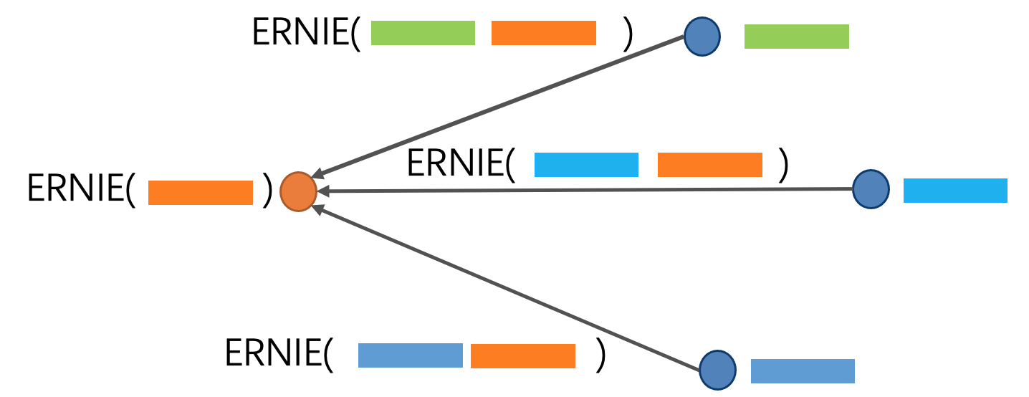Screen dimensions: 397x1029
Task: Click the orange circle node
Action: tap(298, 192)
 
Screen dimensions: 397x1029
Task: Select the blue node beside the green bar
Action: tap(702, 37)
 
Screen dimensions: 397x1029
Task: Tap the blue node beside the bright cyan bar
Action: tap(871, 189)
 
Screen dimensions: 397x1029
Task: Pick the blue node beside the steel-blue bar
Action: tap(717, 370)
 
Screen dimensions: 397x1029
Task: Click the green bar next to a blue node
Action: tap(796, 37)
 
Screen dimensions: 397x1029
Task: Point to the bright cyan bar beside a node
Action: tap(955, 191)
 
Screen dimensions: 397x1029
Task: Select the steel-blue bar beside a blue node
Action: tap(803, 370)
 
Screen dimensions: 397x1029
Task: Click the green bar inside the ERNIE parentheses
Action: tap(423, 33)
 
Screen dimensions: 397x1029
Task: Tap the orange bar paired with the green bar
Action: tap(543, 33)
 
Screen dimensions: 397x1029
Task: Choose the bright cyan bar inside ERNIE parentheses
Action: tap(586, 165)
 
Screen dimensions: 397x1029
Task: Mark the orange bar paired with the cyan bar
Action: tap(709, 165)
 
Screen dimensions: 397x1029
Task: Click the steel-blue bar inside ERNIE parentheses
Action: tap(410, 356)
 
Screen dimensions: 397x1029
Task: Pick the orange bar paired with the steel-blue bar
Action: tap(523, 356)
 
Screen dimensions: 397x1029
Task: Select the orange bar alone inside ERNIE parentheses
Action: tap(201, 193)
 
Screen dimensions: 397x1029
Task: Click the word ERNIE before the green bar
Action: tap(301, 33)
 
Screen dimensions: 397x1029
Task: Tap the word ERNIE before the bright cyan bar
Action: tap(455, 164)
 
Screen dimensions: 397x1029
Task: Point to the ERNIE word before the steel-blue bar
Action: tap(274, 353)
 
